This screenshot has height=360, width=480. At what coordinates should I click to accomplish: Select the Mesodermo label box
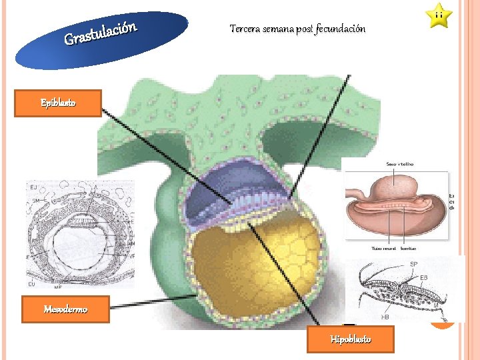[65, 309]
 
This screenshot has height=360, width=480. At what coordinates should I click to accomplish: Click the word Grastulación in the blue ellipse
[101, 35]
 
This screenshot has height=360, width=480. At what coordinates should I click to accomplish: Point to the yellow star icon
[439, 15]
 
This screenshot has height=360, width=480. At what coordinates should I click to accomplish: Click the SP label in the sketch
[413, 265]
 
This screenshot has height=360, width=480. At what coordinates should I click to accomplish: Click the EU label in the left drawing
[31, 285]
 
